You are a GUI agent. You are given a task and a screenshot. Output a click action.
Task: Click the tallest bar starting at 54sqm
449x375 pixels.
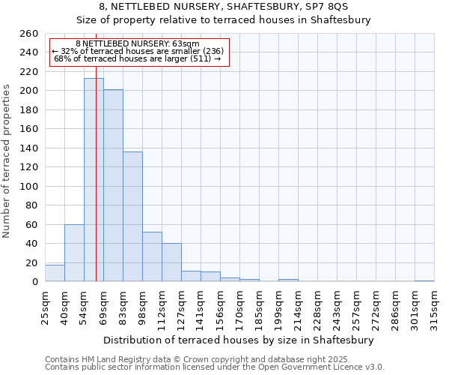[94, 180]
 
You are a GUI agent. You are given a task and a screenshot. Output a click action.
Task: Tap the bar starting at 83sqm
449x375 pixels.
[132, 217]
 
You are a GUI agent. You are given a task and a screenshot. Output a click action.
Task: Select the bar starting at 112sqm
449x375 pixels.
[171, 262]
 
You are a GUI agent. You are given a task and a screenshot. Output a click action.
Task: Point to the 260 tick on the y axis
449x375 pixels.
[29, 34]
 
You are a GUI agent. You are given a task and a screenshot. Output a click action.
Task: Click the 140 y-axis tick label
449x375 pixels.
[29, 148]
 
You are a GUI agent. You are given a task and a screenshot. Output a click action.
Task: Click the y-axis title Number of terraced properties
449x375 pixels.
[7, 161]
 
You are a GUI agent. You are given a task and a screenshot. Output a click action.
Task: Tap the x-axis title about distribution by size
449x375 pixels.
[239, 340]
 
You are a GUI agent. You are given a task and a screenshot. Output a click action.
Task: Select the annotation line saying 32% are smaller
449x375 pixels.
[138, 51]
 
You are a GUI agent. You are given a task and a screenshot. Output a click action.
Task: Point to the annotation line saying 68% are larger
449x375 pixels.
[138, 58]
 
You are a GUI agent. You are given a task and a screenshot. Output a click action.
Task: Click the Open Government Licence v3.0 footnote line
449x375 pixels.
[214, 367]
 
